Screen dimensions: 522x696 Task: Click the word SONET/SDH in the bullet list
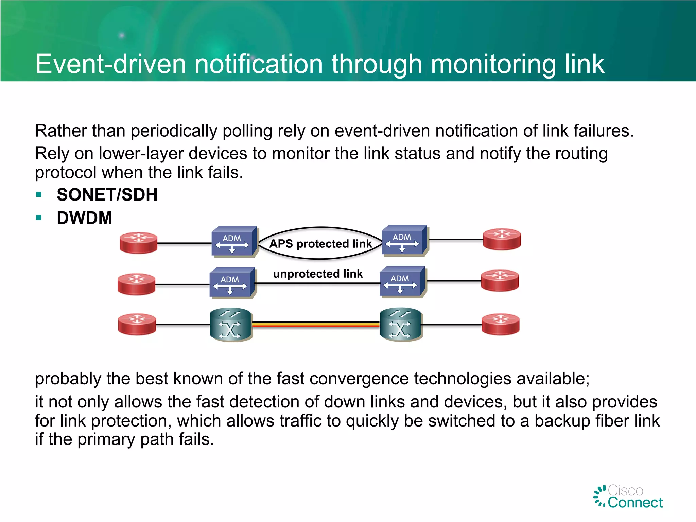pyautogui.click(x=107, y=195)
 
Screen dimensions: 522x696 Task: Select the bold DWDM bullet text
pyautogui.click(x=84, y=218)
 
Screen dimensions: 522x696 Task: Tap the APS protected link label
pyautogui.click(x=320, y=244)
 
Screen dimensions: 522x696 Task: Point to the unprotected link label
pyautogui.click(x=318, y=274)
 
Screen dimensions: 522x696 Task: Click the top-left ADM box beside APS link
pyautogui.click(x=233, y=241)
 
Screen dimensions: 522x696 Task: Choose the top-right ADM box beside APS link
pyautogui.click(x=404, y=240)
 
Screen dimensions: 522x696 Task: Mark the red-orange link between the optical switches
pyautogui.click(x=316, y=324)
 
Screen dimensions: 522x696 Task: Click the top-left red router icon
pyautogui.click(x=139, y=243)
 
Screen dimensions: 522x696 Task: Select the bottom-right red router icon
pyautogui.click(x=501, y=324)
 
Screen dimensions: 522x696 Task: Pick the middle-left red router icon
pyautogui.click(x=136, y=284)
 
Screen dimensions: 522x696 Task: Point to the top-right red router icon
pyautogui.click(x=502, y=239)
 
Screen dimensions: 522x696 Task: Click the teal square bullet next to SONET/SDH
pyautogui.click(x=39, y=195)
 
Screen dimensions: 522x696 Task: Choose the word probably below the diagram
pyautogui.click(x=68, y=379)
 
